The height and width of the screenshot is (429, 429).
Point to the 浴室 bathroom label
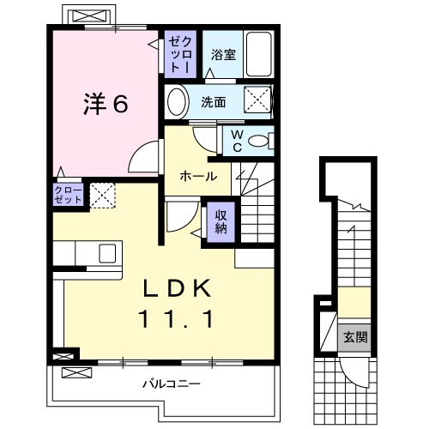pos(225,53)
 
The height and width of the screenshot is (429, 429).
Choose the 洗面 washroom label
pos(214,102)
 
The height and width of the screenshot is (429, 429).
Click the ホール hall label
pos(197,176)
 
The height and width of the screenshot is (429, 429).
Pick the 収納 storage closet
pos(221,221)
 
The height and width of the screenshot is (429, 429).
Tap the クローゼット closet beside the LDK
pos(68,195)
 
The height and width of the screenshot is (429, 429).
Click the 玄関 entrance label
pos(355,337)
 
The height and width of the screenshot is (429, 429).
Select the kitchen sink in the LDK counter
pos(107,253)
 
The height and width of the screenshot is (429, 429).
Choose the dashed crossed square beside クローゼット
pos(103,196)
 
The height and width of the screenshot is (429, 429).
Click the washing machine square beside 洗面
pos(257,100)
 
